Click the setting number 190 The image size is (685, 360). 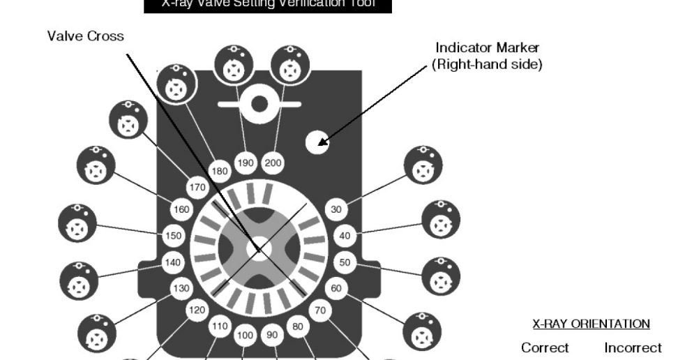coord(246,162)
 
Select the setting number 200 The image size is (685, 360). coord(273,162)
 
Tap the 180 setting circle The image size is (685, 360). coord(219,170)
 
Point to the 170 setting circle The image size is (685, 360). coord(197,187)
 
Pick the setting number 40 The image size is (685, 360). coord(345,236)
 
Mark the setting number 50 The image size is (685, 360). coord(345,262)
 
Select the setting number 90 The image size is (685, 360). coord(273,335)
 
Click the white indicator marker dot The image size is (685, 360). coord(317,142)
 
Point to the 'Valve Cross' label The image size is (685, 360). coord(86,36)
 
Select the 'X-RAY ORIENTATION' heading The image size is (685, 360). coord(591,324)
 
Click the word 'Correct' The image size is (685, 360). coord(545,347)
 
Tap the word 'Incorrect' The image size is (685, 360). coord(633,347)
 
